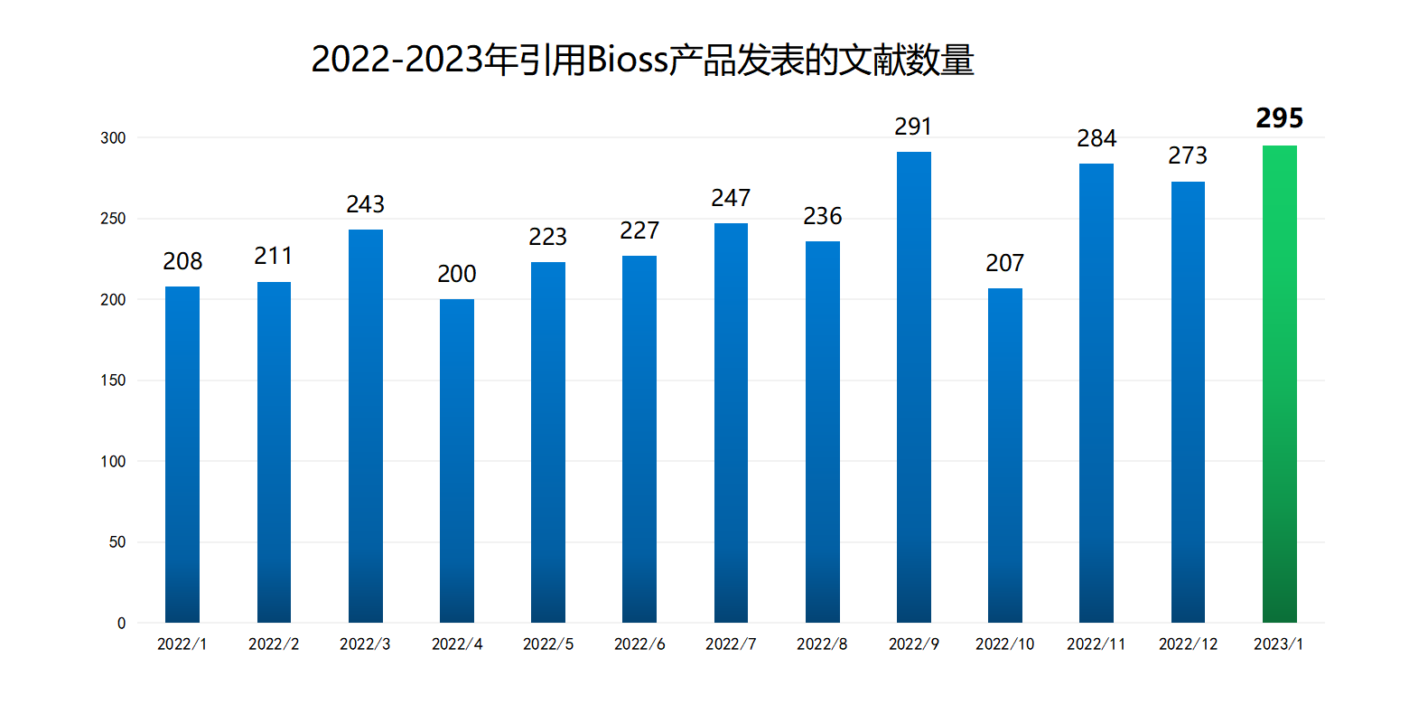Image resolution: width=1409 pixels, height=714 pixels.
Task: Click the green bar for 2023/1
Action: click(1279, 384)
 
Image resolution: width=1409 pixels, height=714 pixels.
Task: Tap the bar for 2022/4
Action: click(456, 461)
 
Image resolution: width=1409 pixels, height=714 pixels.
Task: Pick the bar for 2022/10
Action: click(1004, 456)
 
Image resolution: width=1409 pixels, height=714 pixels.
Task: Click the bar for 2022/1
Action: click(182, 455)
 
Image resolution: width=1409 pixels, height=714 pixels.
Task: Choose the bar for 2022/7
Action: click(731, 423)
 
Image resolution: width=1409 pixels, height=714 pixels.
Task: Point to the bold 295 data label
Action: click(1279, 118)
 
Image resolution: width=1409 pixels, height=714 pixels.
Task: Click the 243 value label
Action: click(365, 204)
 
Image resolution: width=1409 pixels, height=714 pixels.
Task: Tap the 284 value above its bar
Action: click(1096, 138)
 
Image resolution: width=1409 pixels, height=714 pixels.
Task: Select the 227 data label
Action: click(639, 230)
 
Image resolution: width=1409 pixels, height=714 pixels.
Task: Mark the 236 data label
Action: click(822, 216)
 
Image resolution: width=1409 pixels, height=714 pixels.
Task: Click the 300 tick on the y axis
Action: click(113, 138)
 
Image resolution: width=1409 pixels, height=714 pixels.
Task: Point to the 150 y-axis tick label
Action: click(113, 380)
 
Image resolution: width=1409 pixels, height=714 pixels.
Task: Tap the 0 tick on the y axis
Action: click(121, 624)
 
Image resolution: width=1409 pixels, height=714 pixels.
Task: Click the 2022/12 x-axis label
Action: click(1188, 644)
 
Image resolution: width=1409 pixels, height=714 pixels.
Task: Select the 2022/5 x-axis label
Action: click(547, 644)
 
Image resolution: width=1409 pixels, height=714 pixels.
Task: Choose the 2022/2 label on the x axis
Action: click(274, 644)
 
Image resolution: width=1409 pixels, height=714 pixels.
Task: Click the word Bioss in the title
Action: click(627, 61)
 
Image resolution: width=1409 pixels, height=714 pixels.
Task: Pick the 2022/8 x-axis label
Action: click(822, 644)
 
